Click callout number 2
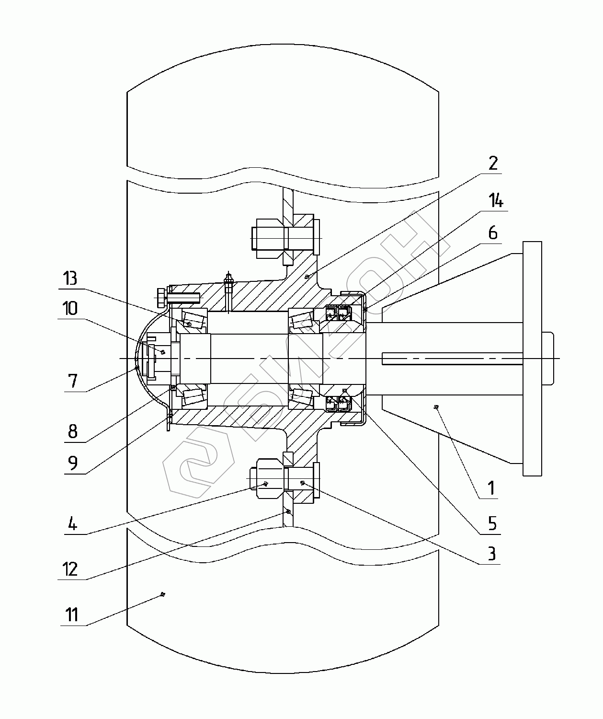click(x=493, y=163)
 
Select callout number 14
click(x=496, y=201)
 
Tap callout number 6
click(x=493, y=233)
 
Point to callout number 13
click(x=70, y=278)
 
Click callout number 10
click(x=70, y=308)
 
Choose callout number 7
click(x=73, y=381)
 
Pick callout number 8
click(x=73, y=431)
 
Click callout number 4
click(x=73, y=523)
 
